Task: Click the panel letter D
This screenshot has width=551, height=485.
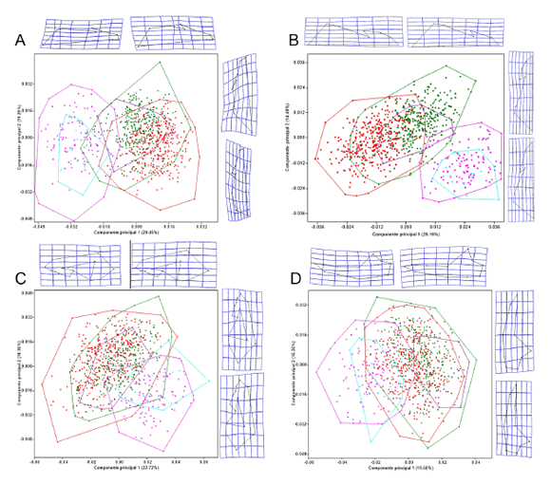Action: (294, 280)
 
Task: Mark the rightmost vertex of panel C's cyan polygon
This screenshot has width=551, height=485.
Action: (209, 382)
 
